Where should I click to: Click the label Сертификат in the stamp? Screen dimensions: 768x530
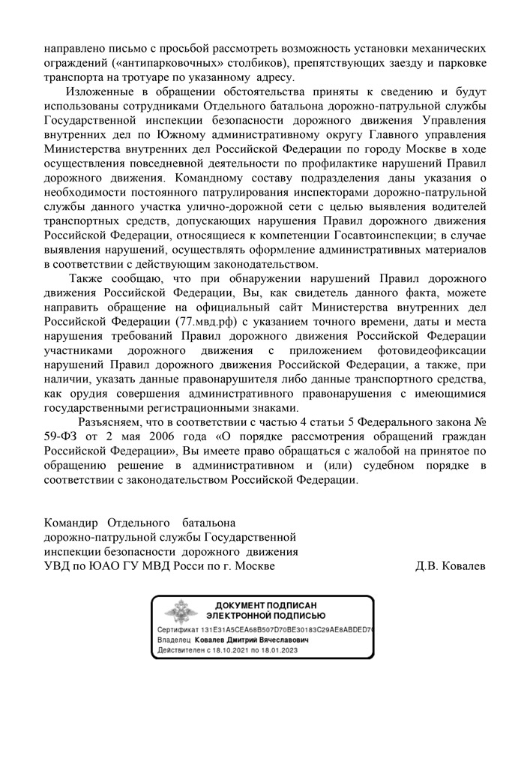[178, 630]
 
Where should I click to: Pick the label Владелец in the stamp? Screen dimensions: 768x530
[174, 641]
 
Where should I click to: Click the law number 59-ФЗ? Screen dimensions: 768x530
[61, 436]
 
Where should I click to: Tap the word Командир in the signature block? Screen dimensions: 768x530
[72, 522]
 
